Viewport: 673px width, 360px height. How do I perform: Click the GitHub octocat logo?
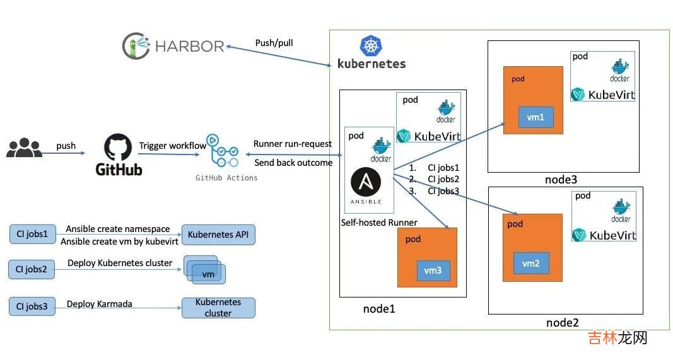(x=119, y=147)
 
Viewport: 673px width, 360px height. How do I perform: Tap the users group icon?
(x=23, y=149)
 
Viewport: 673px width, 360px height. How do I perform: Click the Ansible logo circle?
(x=366, y=183)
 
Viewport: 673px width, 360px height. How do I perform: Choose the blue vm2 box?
(x=530, y=263)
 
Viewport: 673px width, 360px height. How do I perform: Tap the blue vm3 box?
(x=433, y=270)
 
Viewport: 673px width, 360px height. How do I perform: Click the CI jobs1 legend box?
(x=32, y=234)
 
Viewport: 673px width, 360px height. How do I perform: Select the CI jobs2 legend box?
(x=32, y=270)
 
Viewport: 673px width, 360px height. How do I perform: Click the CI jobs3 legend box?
(x=32, y=306)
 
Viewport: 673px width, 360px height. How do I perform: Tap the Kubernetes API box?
(x=218, y=235)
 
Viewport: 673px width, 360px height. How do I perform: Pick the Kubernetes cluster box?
(x=218, y=308)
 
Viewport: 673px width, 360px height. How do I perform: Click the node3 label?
(x=561, y=180)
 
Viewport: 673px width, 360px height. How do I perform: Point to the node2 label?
(x=562, y=323)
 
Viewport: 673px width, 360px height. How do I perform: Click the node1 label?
(x=379, y=308)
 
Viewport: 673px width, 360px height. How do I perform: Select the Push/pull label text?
(x=274, y=44)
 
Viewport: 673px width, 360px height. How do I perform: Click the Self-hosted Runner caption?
(x=379, y=223)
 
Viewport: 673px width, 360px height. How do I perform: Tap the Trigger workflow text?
(x=172, y=146)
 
